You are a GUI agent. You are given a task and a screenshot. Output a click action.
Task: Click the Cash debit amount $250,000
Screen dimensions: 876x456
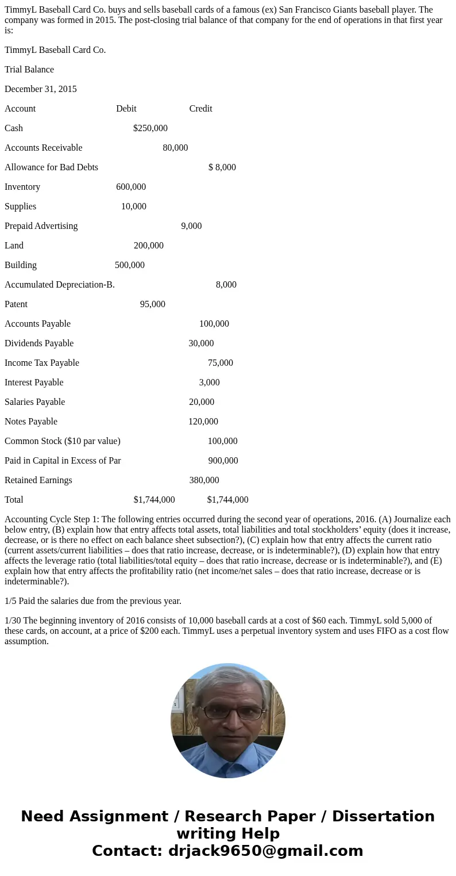pos(150,128)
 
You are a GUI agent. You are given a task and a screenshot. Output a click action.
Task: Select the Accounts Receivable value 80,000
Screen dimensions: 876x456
pos(175,148)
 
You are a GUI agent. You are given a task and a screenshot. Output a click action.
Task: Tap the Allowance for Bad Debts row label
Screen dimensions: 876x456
pos(51,167)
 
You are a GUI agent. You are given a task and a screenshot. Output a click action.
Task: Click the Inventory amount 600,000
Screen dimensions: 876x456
pos(131,187)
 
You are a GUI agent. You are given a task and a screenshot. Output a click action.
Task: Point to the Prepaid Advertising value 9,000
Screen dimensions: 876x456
pos(191,226)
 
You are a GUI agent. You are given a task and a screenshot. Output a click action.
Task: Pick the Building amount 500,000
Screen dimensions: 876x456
pos(130,265)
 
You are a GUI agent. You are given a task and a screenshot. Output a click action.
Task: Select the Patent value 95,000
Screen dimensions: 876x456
pos(152,304)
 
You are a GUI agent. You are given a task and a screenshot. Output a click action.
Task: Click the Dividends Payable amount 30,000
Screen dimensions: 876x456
pos(201,343)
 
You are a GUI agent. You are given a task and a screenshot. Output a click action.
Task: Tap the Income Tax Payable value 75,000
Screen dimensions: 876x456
pos(221,363)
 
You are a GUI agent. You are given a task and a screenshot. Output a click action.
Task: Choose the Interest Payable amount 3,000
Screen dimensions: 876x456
pos(209,382)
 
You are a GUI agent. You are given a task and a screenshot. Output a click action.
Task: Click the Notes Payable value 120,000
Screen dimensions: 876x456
pos(203,422)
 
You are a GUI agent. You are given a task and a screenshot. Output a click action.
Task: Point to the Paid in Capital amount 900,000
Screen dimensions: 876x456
pos(223,461)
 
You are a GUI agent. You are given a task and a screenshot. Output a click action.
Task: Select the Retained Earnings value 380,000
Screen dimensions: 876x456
pos(204,480)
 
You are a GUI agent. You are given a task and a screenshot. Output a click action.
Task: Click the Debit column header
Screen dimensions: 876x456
pos(126,109)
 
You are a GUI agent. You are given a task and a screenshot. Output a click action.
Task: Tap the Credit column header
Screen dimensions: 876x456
pos(200,109)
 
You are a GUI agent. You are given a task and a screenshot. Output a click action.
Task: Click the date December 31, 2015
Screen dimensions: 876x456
pos(41,89)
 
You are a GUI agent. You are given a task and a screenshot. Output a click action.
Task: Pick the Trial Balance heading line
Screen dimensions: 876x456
pos(29,70)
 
